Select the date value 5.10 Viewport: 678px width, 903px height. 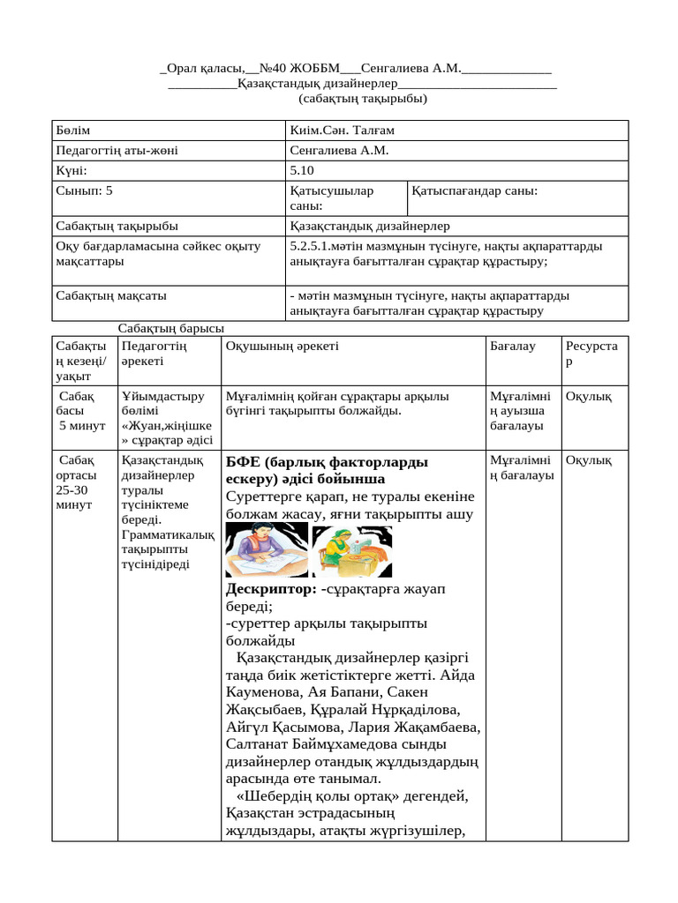click(302, 170)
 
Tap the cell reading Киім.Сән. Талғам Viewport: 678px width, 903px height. click(342, 131)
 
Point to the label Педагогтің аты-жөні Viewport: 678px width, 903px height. click(117, 150)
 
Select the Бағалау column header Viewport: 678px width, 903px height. click(513, 347)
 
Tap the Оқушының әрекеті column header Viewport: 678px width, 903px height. click(282, 347)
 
